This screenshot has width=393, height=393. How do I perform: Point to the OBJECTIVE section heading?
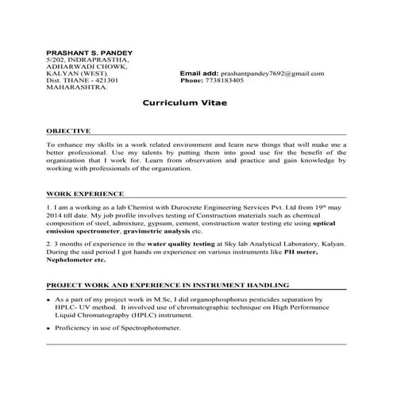pos(68,130)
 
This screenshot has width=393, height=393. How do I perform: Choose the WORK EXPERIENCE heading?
pos(85,193)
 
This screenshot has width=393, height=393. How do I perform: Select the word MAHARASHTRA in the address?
pos(77,87)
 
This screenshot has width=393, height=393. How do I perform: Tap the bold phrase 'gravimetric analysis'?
pos(131,231)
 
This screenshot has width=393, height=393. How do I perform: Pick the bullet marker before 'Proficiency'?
pos(48,328)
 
